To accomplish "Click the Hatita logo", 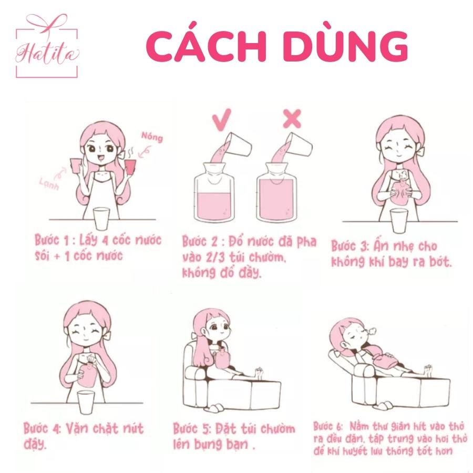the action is point(47,46).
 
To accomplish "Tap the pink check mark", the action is point(222,119).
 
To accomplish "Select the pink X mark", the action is point(292,119).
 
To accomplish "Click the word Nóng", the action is point(152,137).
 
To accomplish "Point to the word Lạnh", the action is point(49,184).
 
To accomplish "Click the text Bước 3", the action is point(349,246).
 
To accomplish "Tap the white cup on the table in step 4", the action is point(87,402).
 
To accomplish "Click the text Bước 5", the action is point(192,429).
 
